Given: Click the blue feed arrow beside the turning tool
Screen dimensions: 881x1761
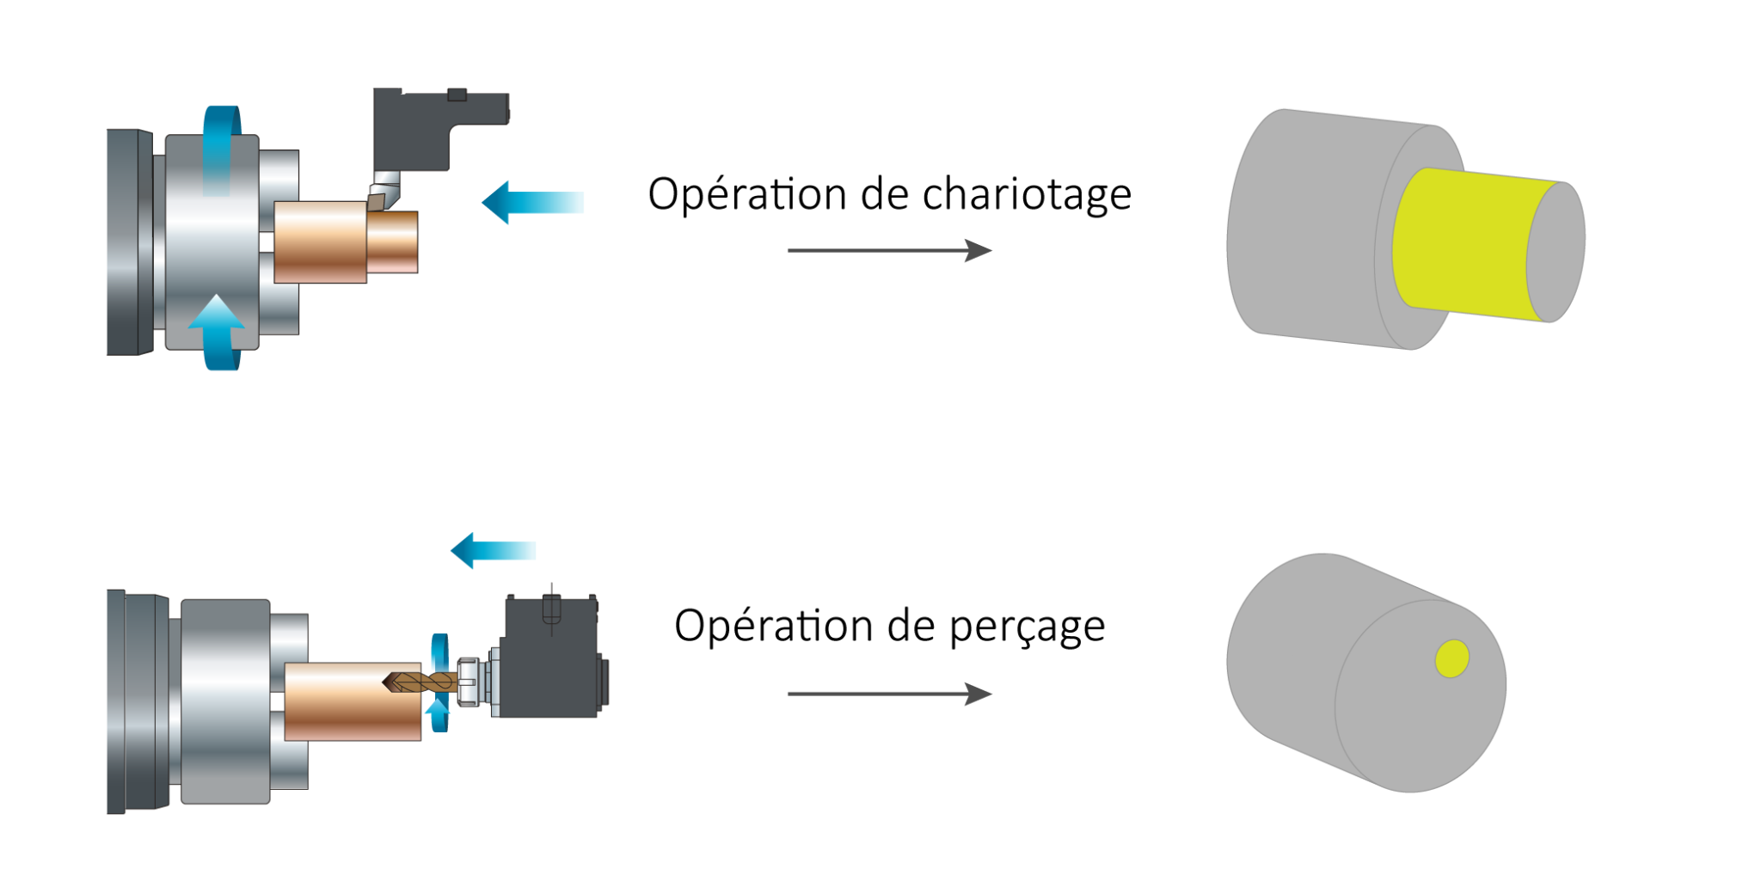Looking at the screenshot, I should coord(533,203).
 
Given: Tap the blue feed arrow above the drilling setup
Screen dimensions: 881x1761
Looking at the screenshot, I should coord(494,550).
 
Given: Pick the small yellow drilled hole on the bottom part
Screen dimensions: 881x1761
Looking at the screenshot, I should coord(1451,658).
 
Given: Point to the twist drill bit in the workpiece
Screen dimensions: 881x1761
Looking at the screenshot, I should coord(421,682).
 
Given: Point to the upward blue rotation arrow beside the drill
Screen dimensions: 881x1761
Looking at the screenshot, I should coord(439,713).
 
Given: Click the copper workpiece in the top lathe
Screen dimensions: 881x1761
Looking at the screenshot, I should coord(320,242).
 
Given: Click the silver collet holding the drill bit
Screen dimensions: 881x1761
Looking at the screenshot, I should coord(469,682).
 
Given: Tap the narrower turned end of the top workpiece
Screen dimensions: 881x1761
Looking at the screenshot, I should coord(393,242).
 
